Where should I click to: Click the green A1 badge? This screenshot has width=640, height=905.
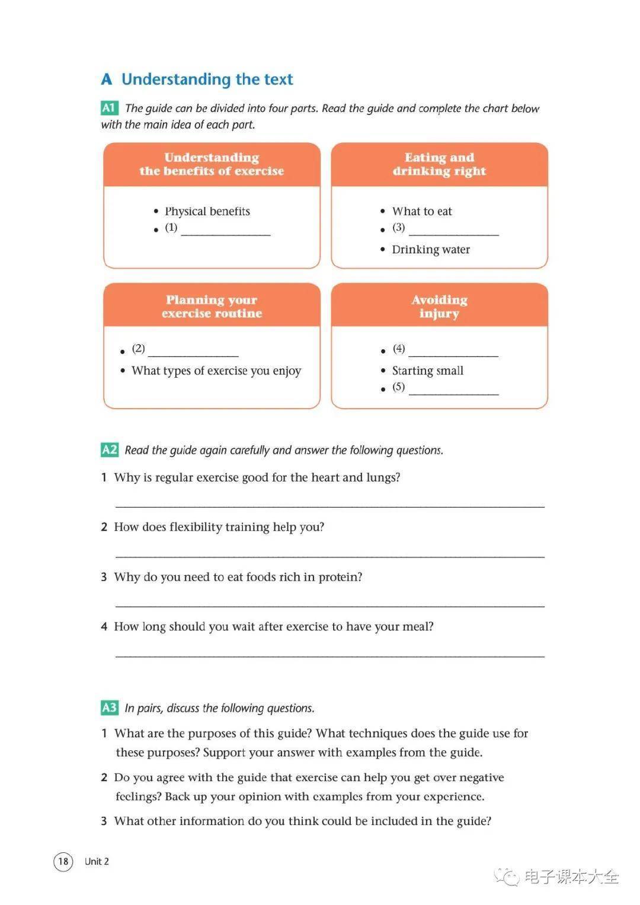coord(109,108)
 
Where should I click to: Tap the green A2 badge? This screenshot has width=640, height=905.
coord(109,450)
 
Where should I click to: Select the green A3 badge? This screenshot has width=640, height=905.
coord(109,708)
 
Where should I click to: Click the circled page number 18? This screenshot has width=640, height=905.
coord(63,861)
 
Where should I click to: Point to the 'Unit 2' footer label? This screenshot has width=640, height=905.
coord(97,861)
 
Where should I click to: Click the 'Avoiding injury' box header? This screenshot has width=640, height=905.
coord(439,306)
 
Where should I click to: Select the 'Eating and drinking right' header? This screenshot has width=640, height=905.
coord(439,164)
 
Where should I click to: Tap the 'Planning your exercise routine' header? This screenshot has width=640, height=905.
coord(212,306)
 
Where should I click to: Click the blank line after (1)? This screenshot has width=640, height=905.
coord(225,231)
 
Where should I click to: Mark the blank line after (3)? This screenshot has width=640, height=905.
coord(453,231)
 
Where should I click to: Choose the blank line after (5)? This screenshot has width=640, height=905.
coord(453,391)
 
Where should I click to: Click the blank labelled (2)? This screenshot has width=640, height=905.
coord(193,352)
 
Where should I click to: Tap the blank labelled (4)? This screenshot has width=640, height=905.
coord(453,352)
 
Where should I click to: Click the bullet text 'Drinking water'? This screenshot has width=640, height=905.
coord(431,250)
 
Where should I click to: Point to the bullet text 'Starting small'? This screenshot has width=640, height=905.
coord(428,371)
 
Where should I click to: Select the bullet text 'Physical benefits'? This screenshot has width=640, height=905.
coord(207,211)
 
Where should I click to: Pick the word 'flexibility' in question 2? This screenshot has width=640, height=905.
coord(199,527)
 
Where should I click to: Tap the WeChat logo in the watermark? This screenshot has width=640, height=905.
coord(507,876)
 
